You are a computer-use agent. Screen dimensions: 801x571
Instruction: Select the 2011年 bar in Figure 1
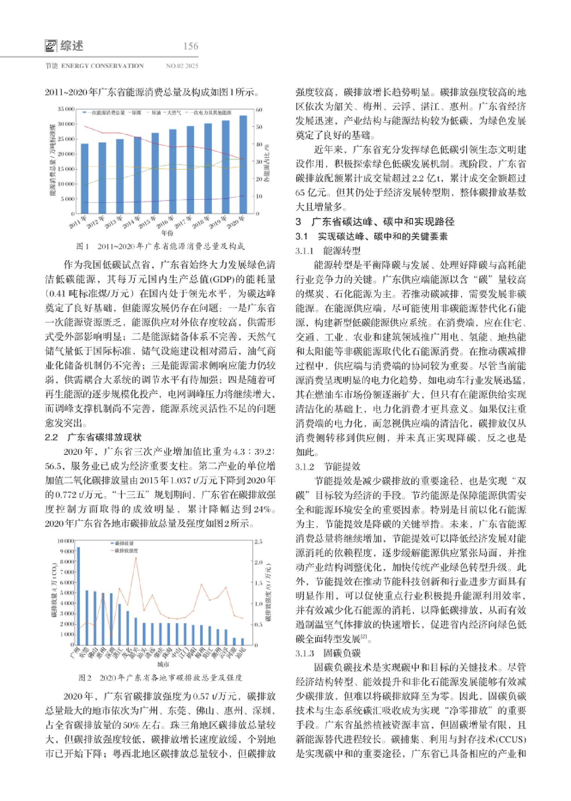(x=85, y=178)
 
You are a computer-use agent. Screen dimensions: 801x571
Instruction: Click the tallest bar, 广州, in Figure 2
(x=78, y=596)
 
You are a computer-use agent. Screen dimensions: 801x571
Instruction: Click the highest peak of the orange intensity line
(x=136, y=558)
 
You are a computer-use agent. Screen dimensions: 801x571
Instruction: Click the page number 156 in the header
(x=190, y=46)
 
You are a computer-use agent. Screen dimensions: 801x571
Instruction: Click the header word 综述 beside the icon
(x=71, y=46)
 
